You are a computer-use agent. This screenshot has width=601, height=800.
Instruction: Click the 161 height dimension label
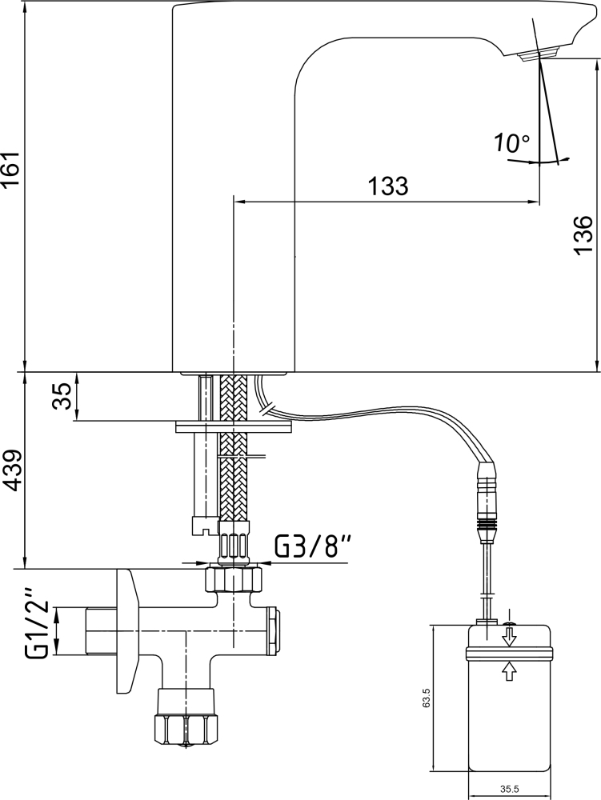coord(10,168)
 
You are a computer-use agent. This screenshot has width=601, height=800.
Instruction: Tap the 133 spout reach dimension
coord(388,186)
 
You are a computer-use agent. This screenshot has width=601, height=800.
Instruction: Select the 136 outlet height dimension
coord(583,234)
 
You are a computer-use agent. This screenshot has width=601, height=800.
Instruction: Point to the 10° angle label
coord(511,143)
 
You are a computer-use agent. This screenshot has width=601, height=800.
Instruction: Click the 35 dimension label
coord(64,397)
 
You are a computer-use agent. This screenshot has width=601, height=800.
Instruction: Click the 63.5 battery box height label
coord(427,697)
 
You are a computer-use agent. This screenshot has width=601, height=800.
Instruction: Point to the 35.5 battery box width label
coord(509,790)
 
